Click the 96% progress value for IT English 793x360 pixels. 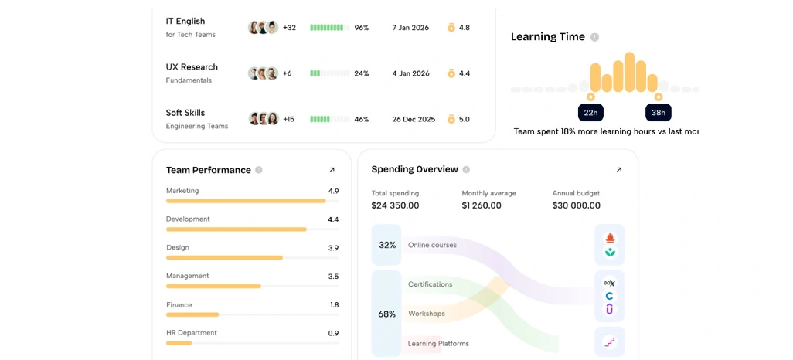click(x=362, y=28)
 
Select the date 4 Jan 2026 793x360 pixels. click(x=410, y=73)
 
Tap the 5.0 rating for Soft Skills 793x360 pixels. click(x=465, y=119)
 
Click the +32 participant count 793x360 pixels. click(x=289, y=28)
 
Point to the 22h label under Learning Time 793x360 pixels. click(x=590, y=113)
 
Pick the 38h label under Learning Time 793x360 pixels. click(x=658, y=113)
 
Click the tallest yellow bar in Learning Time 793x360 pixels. click(x=629, y=73)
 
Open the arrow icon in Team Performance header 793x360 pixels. click(x=332, y=170)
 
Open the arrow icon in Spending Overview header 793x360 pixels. click(x=618, y=170)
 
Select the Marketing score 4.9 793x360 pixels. click(x=333, y=191)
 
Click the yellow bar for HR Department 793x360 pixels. click(x=179, y=343)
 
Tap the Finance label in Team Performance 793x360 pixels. click(x=179, y=305)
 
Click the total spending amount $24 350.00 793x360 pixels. click(x=395, y=205)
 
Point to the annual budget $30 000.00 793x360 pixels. click(x=576, y=205)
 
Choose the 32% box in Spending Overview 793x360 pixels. click(x=387, y=245)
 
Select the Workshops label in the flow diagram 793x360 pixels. click(x=427, y=314)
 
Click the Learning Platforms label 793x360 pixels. click(x=438, y=343)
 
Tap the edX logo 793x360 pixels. click(x=609, y=284)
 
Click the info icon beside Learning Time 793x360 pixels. click(x=595, y=37)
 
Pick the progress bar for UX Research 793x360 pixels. click(x=330, y=73)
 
